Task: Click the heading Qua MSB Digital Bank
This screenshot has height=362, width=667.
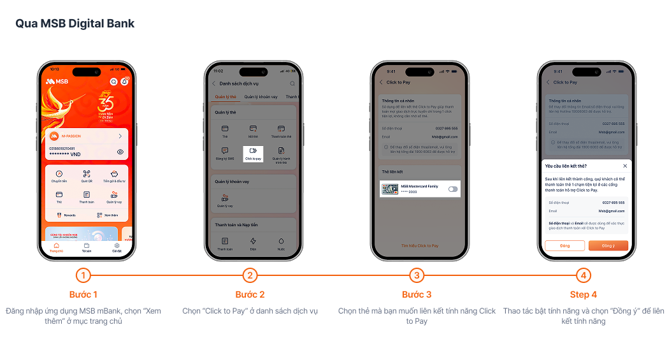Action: [75, 24]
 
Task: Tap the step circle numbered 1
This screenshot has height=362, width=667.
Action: [83, 275]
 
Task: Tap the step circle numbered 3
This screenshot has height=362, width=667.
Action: [417, 275]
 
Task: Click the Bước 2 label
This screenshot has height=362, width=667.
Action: [250, 294]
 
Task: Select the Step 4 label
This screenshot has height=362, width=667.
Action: [584, 294]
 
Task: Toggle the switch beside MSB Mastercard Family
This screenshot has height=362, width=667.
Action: [453, 189]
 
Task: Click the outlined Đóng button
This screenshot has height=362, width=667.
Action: [564, 245]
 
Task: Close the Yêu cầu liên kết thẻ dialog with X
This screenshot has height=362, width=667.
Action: [625, 166]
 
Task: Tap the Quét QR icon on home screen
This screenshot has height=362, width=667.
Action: [87, 175]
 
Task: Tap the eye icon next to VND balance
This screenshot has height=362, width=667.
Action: [120, 152]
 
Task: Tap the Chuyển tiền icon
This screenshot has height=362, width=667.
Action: [59, 175]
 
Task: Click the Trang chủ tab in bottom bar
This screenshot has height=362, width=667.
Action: [56, 247]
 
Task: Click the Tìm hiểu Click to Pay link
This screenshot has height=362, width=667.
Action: [420, 245]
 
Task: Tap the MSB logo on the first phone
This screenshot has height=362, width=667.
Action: [57, 82]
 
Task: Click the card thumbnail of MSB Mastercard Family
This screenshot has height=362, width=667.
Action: [390, 189]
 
